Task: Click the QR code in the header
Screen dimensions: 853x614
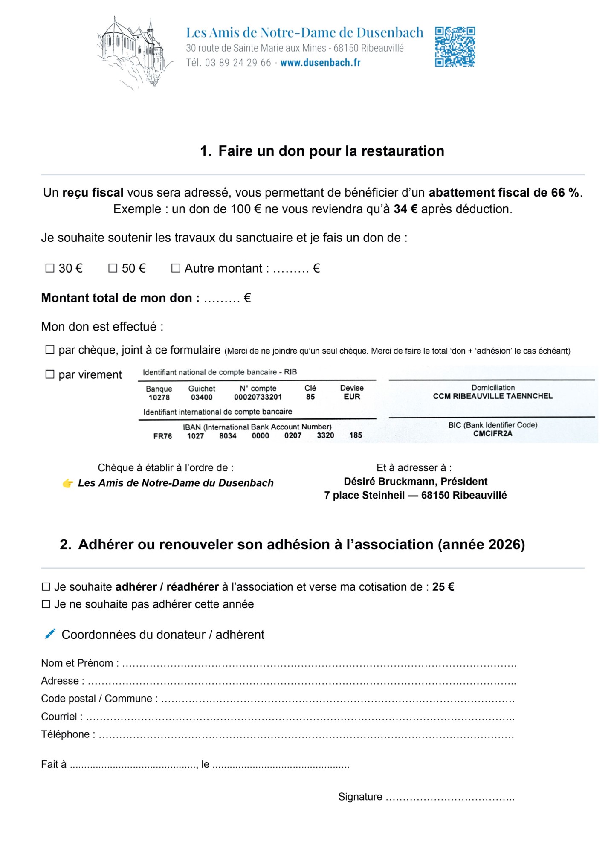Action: (x=455, y=47)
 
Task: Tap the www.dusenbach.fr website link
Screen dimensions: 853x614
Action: (x=320, y=63)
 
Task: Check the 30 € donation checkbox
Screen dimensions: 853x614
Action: (x=50, y=268)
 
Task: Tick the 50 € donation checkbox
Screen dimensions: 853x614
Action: (x=113, y=268)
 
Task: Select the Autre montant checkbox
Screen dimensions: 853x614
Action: (x=176, y=268)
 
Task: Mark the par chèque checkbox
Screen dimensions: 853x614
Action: (x=50, y=350)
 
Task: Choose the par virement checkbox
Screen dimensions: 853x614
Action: (x=50, y=374)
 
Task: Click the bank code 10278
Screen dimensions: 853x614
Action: (x=159, y=397)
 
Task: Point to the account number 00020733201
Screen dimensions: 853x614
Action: (x=258, y=397)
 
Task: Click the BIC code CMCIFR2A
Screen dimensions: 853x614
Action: (x=492, y=434)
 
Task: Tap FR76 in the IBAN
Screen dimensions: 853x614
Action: (x=162, y=436)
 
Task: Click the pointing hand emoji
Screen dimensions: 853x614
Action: (x=68, y=483)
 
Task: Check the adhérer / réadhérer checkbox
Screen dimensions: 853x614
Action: (x=46, y=587)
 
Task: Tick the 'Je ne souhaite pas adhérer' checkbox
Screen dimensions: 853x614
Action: (x=46, y=604)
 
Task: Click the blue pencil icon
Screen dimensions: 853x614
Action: (x=50, y=634)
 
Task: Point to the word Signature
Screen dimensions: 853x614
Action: (x=360, y=797)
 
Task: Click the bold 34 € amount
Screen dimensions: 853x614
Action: (x=405, y=209)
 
